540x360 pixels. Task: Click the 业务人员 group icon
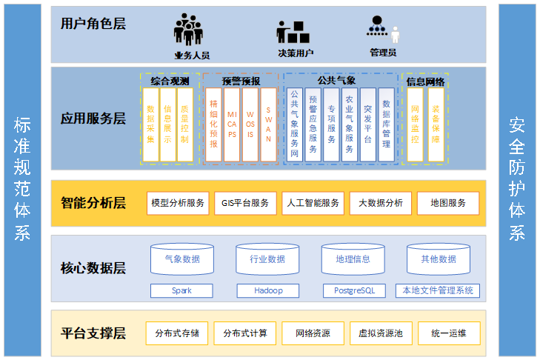189,30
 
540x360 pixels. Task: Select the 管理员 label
382,53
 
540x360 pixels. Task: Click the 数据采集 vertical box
150,124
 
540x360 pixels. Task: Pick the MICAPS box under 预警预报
232,124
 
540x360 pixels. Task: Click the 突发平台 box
368,124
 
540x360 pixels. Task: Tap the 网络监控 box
415,124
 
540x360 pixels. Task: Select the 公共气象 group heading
336,79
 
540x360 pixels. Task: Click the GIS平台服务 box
245,203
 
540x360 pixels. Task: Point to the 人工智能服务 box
312,203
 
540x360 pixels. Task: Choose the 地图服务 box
447,203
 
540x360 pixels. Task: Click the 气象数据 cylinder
181,259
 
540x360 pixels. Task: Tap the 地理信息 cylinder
353,259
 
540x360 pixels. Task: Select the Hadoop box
267,290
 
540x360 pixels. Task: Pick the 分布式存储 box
177,333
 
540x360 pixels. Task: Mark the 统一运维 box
448,333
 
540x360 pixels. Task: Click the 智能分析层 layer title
93,202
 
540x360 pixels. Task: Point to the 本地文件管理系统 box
437,290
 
